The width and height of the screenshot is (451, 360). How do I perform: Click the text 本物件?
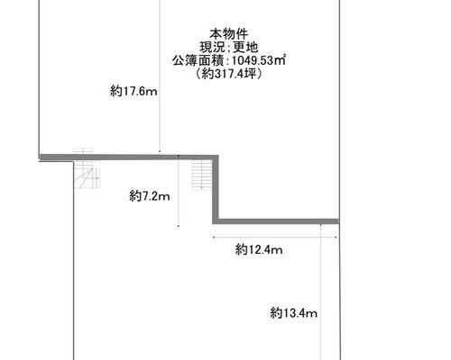[x=229, y=34]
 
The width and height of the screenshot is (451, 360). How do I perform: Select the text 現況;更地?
[x=229, y=47]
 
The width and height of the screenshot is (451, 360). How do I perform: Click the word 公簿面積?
[x=198, y=60]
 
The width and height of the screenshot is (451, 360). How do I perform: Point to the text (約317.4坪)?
[x=229, y=74]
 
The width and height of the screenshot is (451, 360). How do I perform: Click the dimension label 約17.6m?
[x=133, y=91]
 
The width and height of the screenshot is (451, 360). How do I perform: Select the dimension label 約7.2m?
[x=150, y=196]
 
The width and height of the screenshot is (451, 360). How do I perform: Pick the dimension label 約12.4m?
[x=259, y=249]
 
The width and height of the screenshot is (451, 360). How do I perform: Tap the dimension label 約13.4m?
[x=293, y=313]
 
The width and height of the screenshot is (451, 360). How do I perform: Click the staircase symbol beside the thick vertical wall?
[x=202, y=175]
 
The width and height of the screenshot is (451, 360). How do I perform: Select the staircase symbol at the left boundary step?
[x=87, y=168]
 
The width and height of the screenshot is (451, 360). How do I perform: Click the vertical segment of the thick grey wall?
[x=216, y=189]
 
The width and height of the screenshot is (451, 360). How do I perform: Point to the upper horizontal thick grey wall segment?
[x=129, y=157]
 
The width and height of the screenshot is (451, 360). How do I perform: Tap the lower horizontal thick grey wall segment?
[x=276, y=221]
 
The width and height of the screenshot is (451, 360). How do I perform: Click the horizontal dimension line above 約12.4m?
[x=275, y=238]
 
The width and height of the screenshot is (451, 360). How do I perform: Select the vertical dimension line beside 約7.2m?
[x=179, y=191]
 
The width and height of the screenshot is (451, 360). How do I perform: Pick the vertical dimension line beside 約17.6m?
[x=160, y=76]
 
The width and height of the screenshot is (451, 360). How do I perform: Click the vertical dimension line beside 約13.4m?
[x=321, y=292]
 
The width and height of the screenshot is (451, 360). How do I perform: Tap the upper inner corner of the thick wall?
[x=213, y=160]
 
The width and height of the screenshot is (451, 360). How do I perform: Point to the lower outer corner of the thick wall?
[x=213, y=224]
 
